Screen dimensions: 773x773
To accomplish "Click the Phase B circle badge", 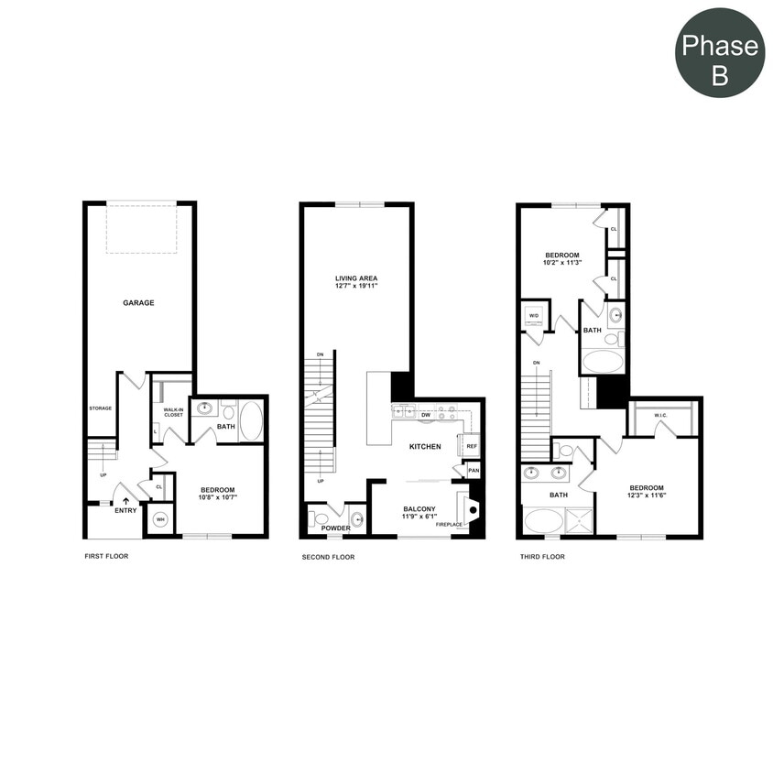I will click(x=720, y=60).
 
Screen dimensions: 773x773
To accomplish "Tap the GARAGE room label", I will click(x=139, y=302).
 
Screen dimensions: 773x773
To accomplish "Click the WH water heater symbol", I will click(x=160, y=520).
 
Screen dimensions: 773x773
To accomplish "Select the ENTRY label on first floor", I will click(x=125, y=510).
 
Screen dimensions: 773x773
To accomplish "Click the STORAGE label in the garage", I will click(x=100, y=408).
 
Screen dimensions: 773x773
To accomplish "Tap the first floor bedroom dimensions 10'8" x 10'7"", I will click(x=219, y=498).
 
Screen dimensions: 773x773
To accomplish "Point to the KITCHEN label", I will click(x=425, y=447).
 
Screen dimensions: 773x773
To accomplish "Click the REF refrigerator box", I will click(x=472, y=446).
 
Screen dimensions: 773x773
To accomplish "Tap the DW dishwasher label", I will click(x=426, y=415).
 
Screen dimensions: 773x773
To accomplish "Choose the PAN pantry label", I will click(x=473, y=472).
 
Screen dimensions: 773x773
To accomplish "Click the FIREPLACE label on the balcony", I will click(x=449, y=525).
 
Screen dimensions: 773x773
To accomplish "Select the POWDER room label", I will click(x=335, y=528).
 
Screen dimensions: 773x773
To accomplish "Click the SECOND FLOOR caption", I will click(x=328, y=556).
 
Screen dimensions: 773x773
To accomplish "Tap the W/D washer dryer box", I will click(x=535, y=318).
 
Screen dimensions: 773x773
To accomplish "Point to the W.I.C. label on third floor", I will click(x=660, y=416).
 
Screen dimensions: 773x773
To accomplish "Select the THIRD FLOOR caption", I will click(x=541, y=556).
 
